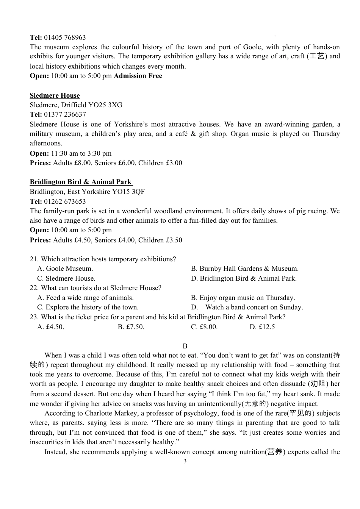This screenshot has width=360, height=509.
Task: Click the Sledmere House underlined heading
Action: tap(55, 95)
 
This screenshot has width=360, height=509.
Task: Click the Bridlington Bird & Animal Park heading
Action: tap(81, 182)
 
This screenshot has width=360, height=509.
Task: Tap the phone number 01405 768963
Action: tap(65, 37)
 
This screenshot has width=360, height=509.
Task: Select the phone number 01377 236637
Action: tap(65, 114)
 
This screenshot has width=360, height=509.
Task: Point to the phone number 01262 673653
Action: tap(65, 201)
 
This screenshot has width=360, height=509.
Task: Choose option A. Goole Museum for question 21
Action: tap(65, 269)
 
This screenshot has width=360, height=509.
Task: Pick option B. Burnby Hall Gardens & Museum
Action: tap(244, 269)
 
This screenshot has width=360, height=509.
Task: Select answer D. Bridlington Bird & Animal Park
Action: tap(244, 278)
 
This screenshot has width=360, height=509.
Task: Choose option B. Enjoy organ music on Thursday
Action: tap(243, 298)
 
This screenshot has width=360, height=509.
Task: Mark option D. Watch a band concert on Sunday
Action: tap(247, 307)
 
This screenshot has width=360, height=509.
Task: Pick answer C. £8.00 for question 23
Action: tap(204, 327)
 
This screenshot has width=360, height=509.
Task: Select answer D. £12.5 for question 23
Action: tap(262, 327)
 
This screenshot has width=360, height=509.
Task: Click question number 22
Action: tap(34, 288)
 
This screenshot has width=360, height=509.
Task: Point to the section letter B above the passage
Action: tap(185, 346)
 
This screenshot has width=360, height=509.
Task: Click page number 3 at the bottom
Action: tap(185, 461)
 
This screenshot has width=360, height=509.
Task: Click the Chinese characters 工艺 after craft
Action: tap(317, 56)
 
